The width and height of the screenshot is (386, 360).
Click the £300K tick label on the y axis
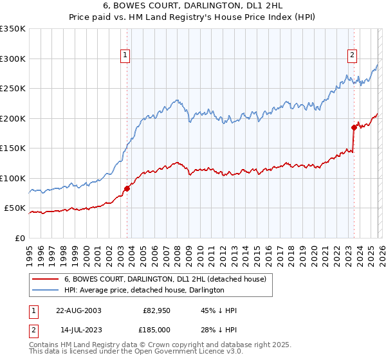pyautogui.click(x=13, y=59)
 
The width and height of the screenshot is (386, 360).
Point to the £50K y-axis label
pyautogui.click(x=15, y=208)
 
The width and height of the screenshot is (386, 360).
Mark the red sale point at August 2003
pyautogui.click(x=127, y=188)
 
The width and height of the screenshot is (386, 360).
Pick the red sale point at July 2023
pyautogui.click(x=354, y=127)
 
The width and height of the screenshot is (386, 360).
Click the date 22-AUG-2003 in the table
pyautogui.click(x=78, y=310)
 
